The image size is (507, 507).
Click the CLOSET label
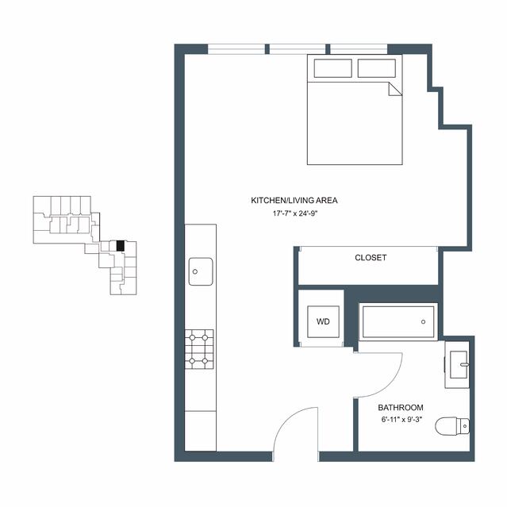(371, 258)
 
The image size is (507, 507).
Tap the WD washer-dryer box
(323, 321)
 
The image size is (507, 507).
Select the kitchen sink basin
(201, 271)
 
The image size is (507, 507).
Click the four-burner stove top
(199, 349)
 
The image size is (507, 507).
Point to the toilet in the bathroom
(452, 426)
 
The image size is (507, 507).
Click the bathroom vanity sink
(459, 364)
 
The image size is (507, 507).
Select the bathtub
(398, 321)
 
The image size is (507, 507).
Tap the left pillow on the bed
(332, 68)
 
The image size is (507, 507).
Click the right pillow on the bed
(377, 68)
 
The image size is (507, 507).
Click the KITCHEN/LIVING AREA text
(294, 201)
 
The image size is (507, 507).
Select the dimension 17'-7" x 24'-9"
(294, 213)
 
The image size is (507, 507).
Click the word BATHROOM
(401, 407)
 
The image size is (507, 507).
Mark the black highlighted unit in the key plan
(121, 246)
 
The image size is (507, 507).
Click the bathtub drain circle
(423, 321)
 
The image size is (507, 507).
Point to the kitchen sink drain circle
(195, 271)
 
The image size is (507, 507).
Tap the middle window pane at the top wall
(298, 49)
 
